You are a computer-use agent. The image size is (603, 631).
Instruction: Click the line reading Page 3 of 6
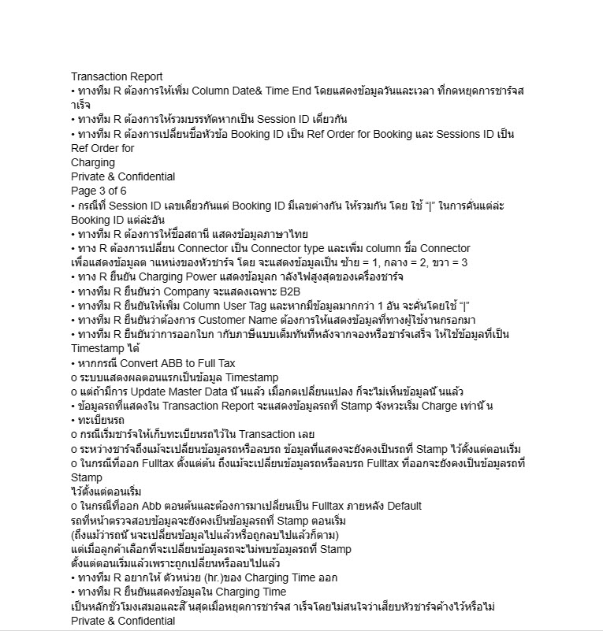[99, 191]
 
